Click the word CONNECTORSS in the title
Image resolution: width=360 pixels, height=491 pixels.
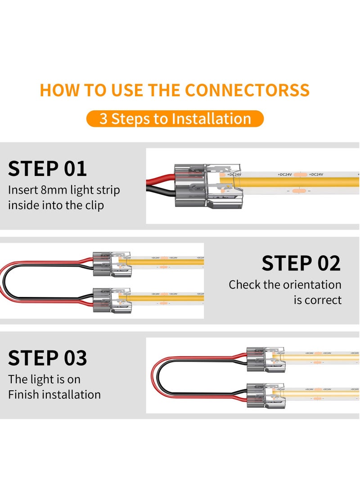click(x=247, y=90)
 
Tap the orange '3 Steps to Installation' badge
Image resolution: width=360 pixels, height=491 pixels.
click(x=175, y=119)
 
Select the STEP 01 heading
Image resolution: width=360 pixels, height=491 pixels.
click(x=47, y=168)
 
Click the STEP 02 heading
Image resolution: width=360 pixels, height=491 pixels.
click(x=301, y=263)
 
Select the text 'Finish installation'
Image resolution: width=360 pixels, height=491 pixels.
click(x=54, y=395)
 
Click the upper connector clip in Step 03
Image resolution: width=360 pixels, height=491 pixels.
click(x=265, y=359)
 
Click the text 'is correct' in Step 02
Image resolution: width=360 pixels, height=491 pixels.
click(x=318, y=300)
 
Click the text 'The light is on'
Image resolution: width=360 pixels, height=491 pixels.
click(x=44, y=379)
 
